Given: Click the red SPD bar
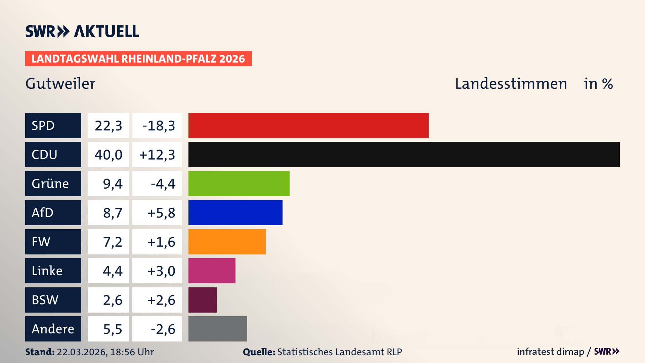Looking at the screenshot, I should [308, 125].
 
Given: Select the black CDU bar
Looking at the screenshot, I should [404, 155].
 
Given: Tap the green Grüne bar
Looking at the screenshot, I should [239, 184].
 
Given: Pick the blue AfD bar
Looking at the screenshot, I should [235, 212].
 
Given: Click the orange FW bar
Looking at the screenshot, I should [227, 242].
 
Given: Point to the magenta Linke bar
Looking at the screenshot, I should [212, 271].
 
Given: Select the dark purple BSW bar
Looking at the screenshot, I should [202, 300].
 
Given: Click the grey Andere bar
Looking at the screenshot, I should [218, 329].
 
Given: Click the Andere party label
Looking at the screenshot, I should [53, 329].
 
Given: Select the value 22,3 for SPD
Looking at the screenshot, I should [108, 125].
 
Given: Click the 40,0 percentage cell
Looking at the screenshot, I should [108, 155].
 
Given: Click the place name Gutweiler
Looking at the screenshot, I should [60, 84].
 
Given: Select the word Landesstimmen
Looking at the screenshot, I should [511, 84].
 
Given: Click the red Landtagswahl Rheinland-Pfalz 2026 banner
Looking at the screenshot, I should [138, 58].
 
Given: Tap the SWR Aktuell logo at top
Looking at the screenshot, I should [82, 31].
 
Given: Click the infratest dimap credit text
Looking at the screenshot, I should [550, 352].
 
